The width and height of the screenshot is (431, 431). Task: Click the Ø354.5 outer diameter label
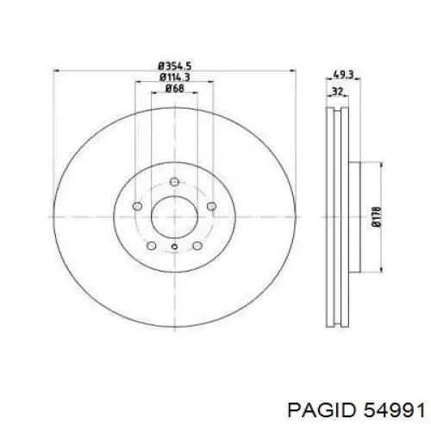175,66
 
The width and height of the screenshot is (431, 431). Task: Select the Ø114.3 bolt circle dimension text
175,78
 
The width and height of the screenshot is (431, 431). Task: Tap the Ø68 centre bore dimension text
174,88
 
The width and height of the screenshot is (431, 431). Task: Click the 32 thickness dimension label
337,91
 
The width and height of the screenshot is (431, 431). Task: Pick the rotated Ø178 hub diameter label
377,216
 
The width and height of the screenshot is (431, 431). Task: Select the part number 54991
394,410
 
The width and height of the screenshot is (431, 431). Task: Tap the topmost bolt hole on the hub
174,182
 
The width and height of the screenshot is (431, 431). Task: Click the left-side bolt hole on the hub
137,206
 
